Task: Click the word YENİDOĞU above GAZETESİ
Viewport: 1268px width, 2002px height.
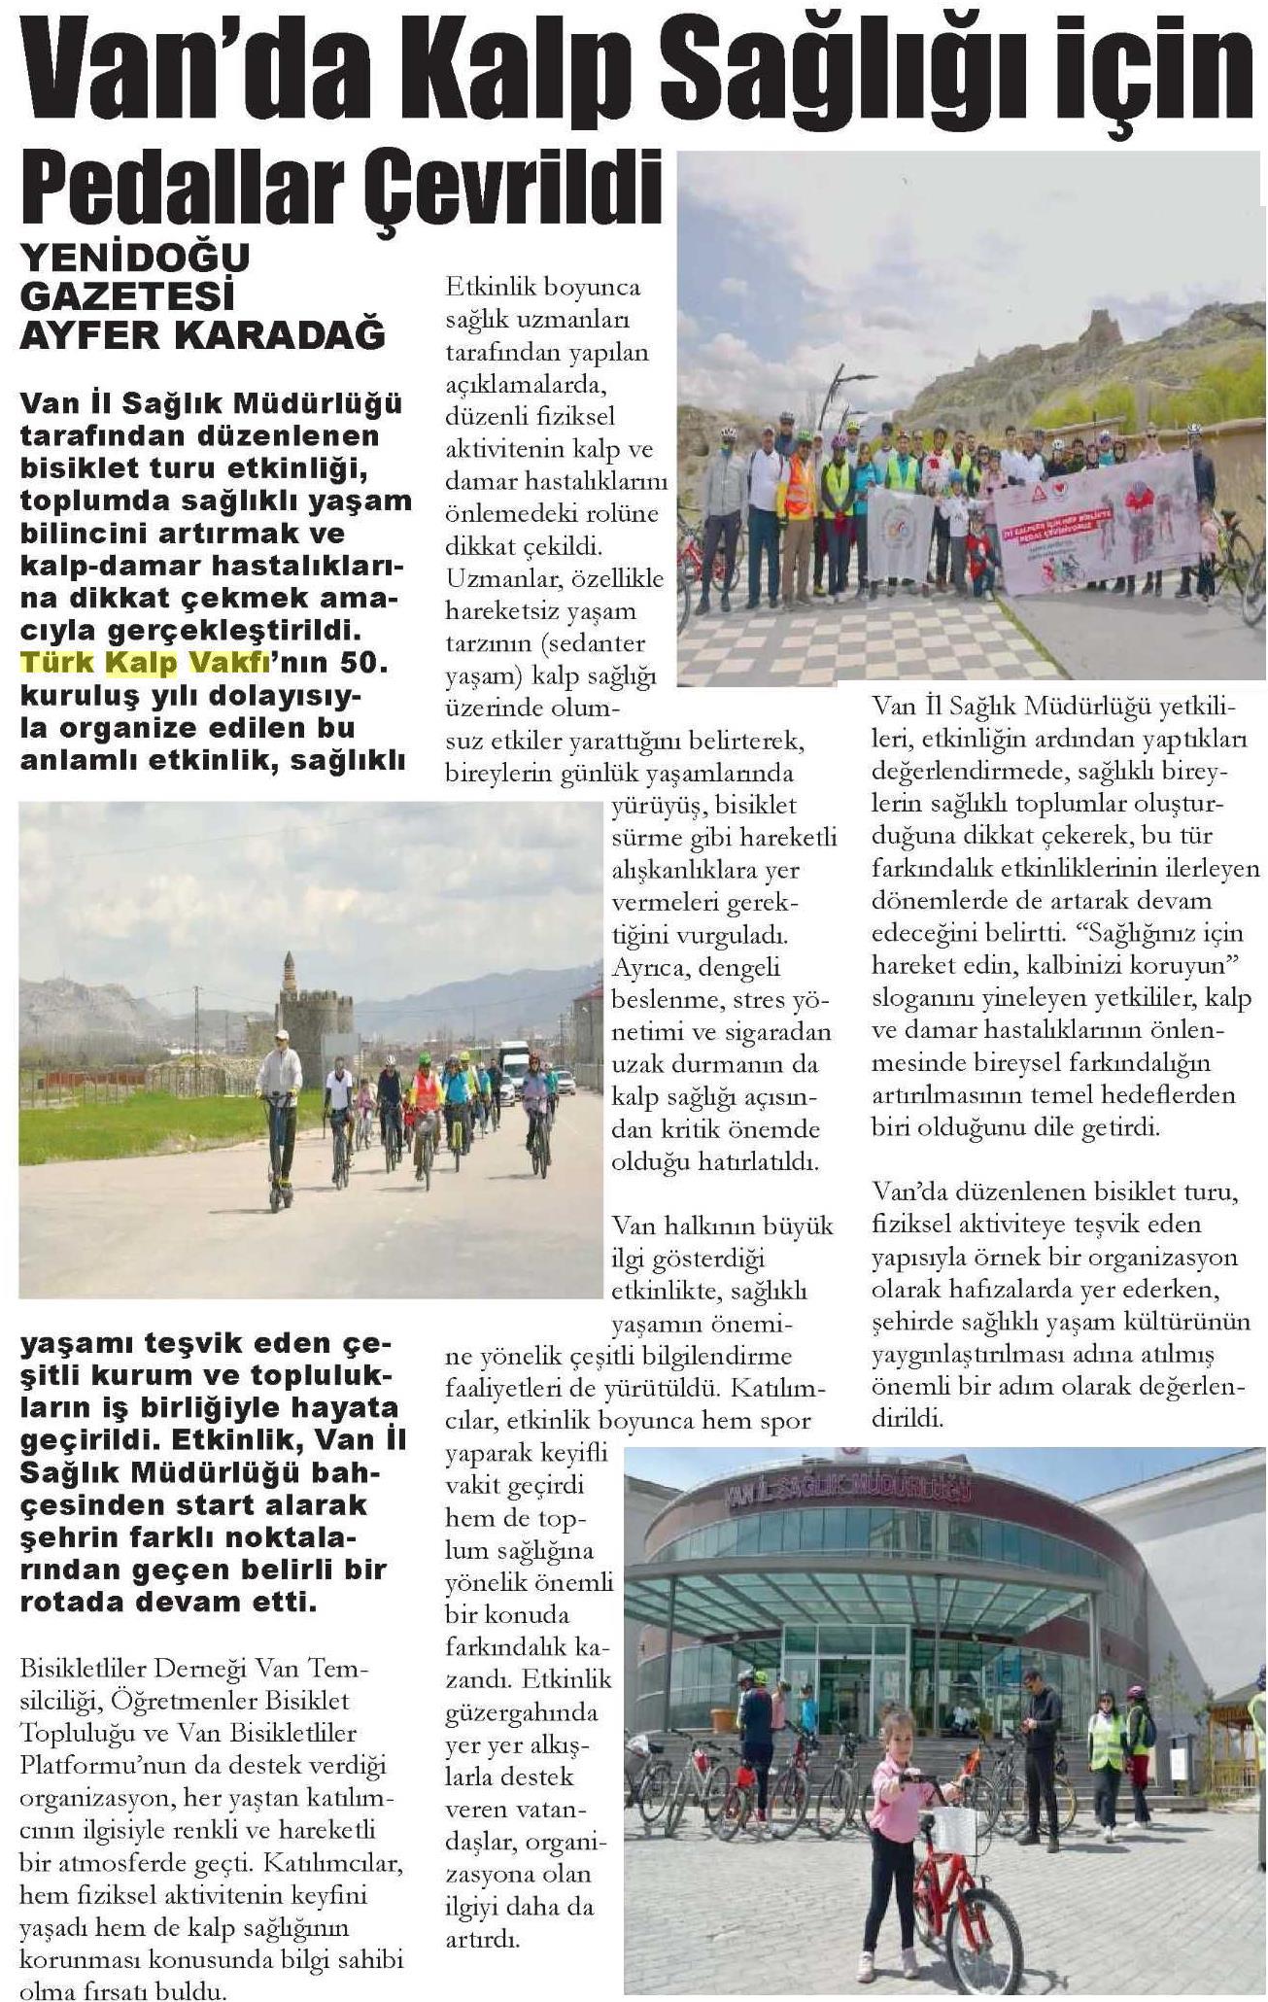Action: click(135, 258)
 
